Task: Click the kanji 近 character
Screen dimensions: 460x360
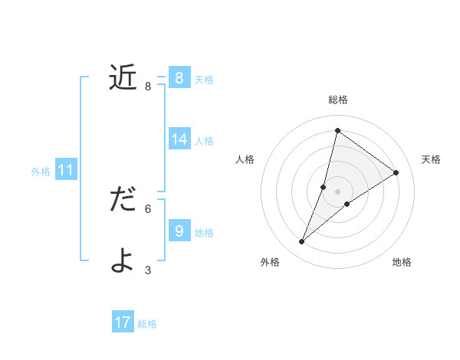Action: [x=123, y=77]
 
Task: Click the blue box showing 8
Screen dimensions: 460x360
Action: [x=179, y=78]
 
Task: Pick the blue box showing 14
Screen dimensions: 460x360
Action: [x=179, y=139]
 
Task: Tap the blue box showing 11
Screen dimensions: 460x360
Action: [x=65, y=170]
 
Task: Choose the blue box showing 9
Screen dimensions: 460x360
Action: [x=179, y=231]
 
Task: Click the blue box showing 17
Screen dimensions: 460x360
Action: [x=123, y=322]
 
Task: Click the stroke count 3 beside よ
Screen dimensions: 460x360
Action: [x=148, y=270]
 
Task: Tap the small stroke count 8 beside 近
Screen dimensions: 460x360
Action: [x=148, y=87]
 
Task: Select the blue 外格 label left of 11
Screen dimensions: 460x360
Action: [x=41, y=172]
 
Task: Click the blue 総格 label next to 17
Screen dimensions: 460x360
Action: [x=147, y=324]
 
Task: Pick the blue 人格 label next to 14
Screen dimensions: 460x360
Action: [x=204, y=141]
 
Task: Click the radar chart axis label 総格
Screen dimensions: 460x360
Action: [x=337, y=100]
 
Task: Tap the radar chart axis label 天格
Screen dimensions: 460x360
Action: [x=431, y=159]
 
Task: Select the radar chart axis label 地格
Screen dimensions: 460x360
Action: [x=402, y=262]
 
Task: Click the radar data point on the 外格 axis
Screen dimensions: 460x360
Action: [x=302, y=242]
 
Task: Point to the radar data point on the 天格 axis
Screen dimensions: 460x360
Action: [x=396, y=173]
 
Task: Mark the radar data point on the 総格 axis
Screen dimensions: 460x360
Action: [x=337, y=130]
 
